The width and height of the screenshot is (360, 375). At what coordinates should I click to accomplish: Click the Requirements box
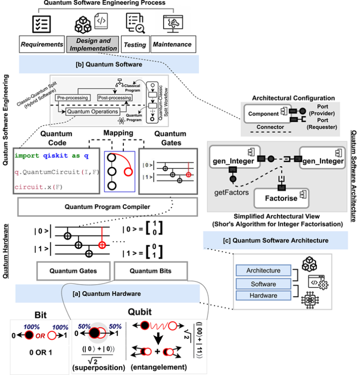[x=42, y=44]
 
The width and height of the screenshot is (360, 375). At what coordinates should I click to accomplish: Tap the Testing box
[x=135, y=45]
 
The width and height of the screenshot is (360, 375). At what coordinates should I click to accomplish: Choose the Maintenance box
[x=172, y=44]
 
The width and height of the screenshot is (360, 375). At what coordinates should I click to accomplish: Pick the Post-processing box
[x=115, y=97]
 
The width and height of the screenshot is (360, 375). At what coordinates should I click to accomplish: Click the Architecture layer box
[x=263, y=271]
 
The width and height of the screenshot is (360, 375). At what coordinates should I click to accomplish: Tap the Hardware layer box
[x=263, y=296]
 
